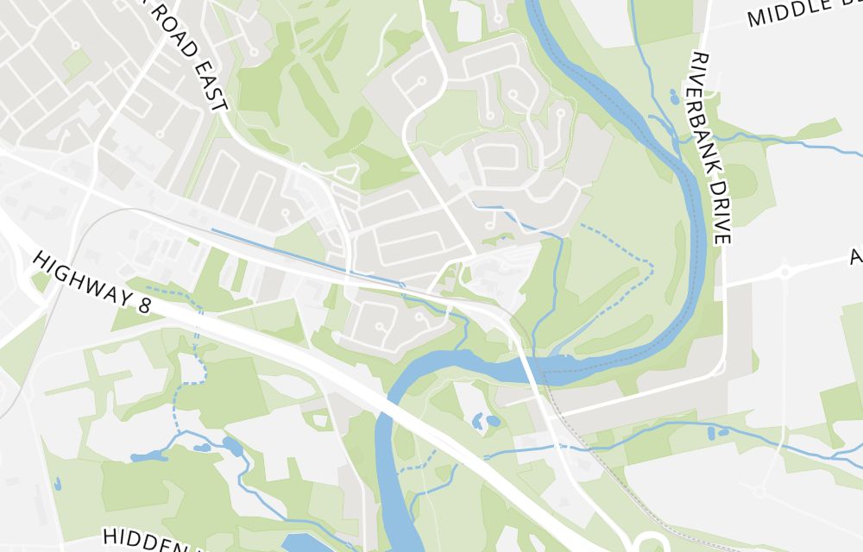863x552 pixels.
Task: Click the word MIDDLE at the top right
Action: coord(782,14)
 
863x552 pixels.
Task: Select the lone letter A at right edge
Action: coord(855,257)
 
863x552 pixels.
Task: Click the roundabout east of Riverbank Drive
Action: coord(784,273)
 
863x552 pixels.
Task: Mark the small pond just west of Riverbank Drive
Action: coord(673,96)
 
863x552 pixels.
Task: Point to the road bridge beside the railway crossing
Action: coord(528,362)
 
